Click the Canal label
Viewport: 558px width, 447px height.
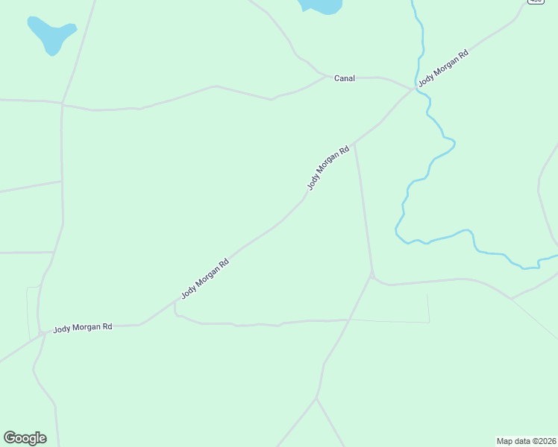tap(344, 78)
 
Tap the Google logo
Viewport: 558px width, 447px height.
tap(25, 438)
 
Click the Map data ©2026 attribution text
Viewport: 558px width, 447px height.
tap(526, 441)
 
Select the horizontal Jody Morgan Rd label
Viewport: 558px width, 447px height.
tap(82, 328)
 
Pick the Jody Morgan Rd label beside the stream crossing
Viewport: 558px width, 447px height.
tap(443, 69)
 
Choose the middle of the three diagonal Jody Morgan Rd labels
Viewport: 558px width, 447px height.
tap(328, 168)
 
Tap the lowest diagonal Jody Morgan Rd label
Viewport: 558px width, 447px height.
tap(204, 279)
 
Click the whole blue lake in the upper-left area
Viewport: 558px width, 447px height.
tap(51, 34)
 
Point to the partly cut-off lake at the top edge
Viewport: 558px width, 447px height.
tap(321, 6)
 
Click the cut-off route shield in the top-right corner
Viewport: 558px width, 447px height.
tap(536, 2)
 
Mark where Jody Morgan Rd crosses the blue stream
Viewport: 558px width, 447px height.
tap(415, 89)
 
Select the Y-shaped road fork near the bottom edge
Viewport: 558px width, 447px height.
tap(316, 398)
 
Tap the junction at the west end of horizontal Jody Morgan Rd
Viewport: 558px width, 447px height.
tap(43, 333)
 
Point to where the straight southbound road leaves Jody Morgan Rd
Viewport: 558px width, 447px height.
tap(354, 142)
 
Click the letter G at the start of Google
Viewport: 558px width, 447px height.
tap(10, 437)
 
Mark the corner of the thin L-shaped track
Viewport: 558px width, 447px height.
tap(428, 322)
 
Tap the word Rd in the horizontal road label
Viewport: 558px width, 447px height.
tap(107, 326)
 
